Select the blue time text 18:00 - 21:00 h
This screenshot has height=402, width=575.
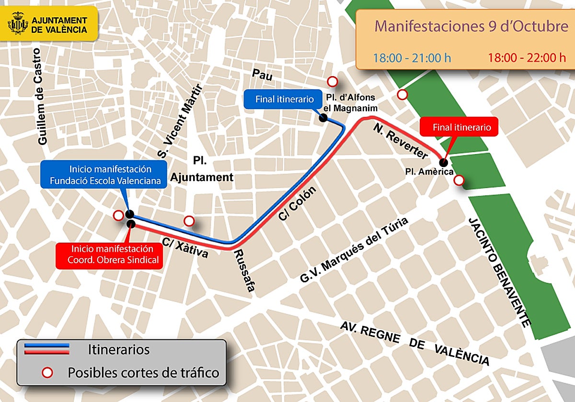[x=412, y=58]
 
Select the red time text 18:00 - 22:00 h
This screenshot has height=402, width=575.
[x=527, y=58]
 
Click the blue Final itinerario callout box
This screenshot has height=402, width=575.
[x=281, y=100]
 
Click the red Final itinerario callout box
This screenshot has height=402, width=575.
[x=459, y=128]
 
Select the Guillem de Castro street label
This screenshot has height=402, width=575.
[x=44, y=103]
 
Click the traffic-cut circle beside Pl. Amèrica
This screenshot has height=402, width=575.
[x=459, y=180]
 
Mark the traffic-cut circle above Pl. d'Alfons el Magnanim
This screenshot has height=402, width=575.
[x=332, y=81]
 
